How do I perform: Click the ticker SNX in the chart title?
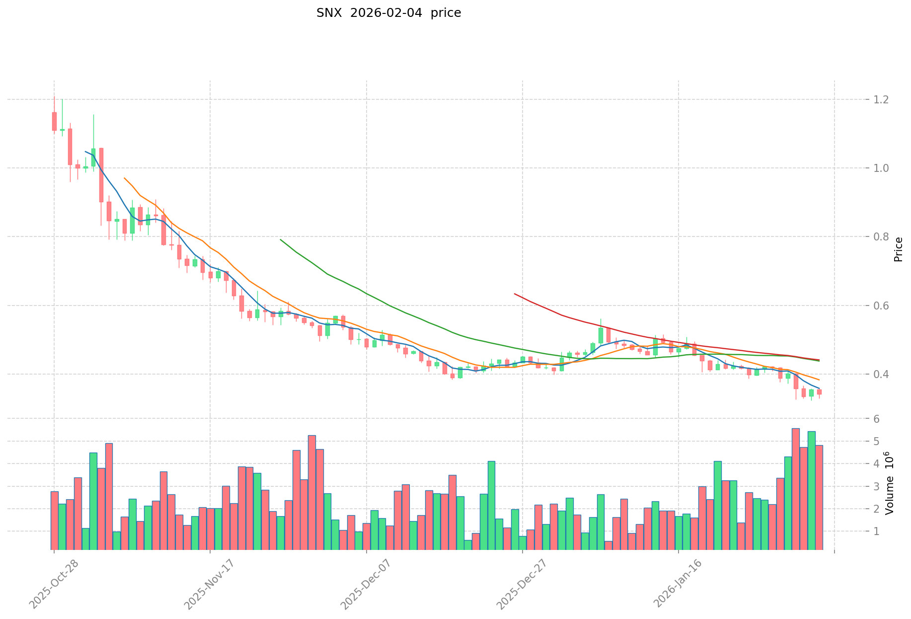(329, 13)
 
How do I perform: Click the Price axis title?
(898, 249)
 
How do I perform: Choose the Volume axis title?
(890, 483)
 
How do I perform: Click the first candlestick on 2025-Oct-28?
(54, 121)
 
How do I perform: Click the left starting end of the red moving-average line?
(515, 294)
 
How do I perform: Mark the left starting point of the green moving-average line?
(281, 239)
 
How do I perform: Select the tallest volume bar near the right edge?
(795, 489)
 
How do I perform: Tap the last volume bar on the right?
(819, 497)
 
